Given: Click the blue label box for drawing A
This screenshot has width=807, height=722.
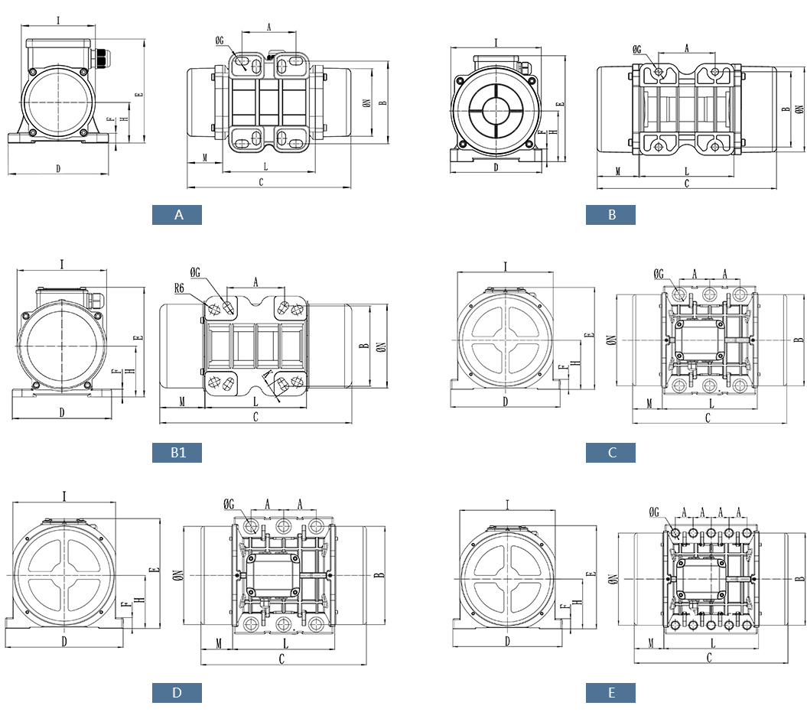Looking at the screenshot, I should tap(177, 215).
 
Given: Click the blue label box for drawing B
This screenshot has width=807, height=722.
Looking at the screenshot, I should tap(610, 215).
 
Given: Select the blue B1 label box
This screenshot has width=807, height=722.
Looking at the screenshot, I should tap(177, 453).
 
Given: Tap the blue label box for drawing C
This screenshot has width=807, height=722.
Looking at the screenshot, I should tap(610, 453).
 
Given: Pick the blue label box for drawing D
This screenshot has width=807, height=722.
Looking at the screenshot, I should tap(177, 693).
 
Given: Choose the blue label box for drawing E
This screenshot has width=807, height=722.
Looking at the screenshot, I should tap(610, 693).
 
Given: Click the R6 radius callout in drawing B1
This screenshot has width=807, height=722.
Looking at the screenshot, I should tap(179, 288).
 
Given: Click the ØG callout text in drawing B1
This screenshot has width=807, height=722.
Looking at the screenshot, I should tap(194, 272).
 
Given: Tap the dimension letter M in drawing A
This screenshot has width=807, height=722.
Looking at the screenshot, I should tap(205, 158).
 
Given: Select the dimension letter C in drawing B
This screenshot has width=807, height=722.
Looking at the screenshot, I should tap(686, 184).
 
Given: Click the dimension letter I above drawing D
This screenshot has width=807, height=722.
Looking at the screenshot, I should tap(64, 496).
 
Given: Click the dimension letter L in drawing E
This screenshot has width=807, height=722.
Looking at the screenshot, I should tap(712, 643).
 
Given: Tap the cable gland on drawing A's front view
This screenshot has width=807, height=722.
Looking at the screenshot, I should tap(99, 57).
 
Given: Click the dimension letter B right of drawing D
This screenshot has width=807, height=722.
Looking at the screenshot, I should tap(377, 575).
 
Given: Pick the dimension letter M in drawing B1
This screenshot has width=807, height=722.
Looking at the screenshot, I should tap(181, 402).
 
